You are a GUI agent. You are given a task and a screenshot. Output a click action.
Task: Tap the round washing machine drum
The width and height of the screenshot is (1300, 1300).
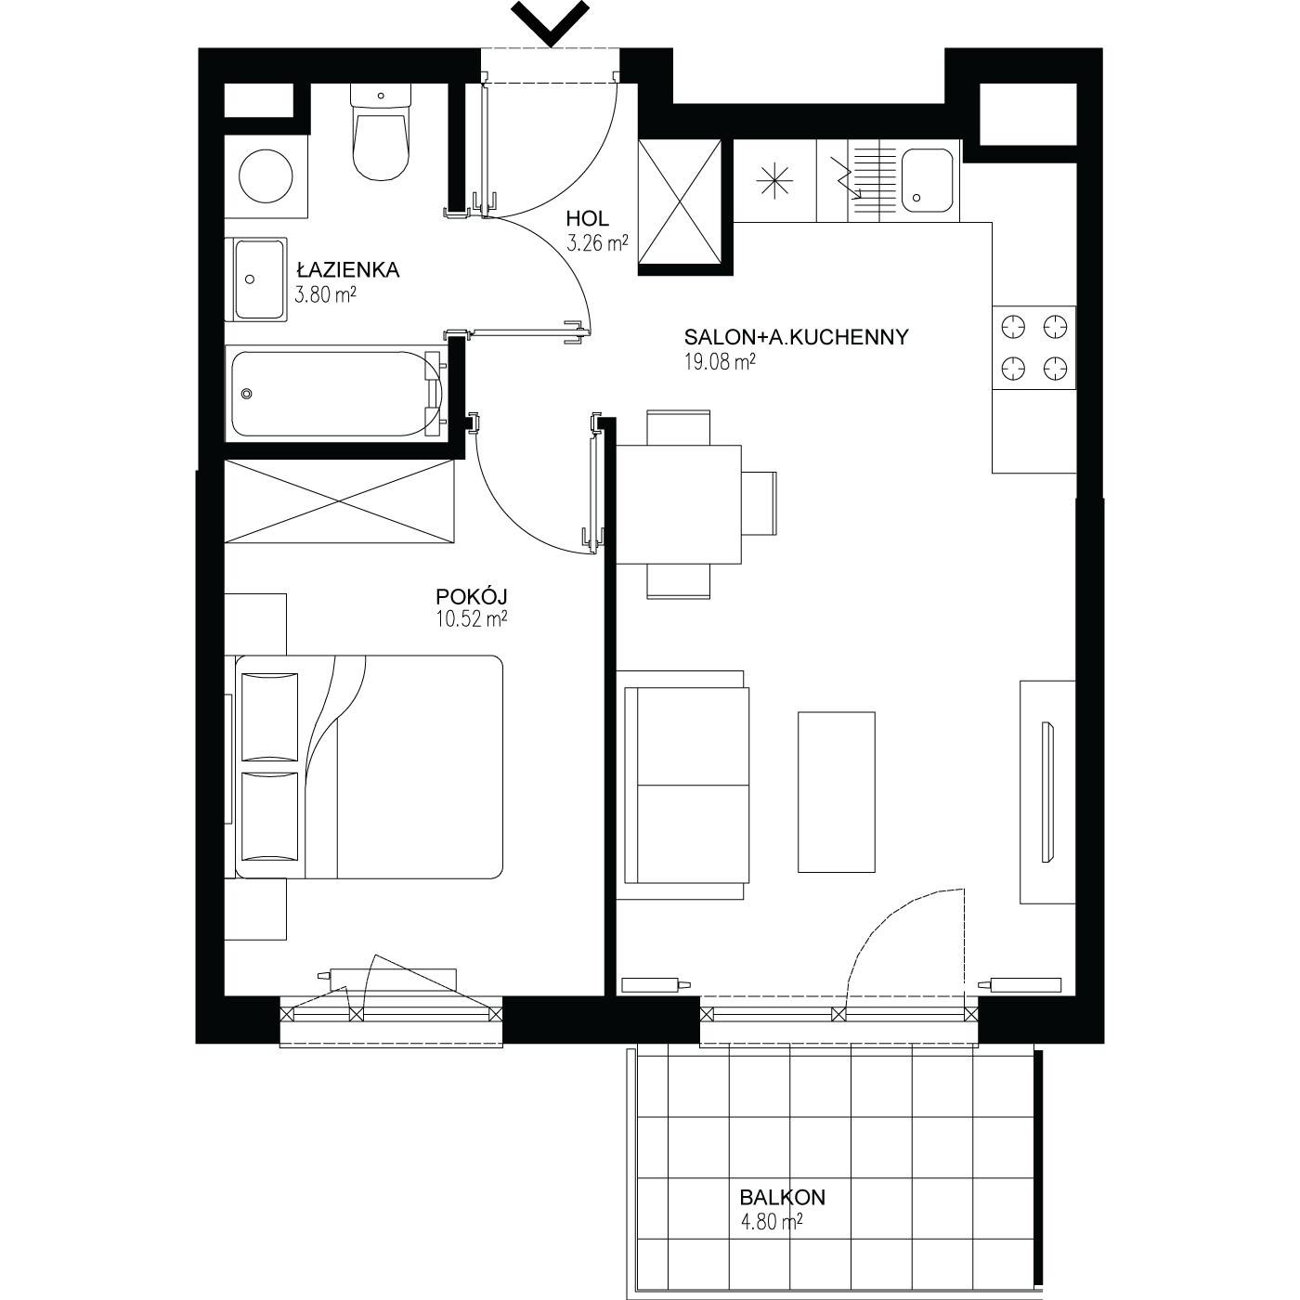[266, 176]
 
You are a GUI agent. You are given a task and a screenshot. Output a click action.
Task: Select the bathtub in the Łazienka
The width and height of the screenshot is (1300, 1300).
[335, 393]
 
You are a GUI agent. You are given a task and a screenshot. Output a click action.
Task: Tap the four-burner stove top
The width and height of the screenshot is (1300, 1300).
[1033, 348]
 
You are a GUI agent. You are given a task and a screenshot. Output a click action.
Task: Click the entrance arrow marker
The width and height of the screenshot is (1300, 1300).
[551, 24]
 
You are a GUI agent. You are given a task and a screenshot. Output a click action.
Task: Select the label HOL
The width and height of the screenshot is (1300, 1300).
[587, 218]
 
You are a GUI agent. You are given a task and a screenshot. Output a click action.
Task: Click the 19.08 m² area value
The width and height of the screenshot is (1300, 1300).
[719, 362]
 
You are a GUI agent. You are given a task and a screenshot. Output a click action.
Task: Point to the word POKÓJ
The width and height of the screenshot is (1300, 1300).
[471, 595]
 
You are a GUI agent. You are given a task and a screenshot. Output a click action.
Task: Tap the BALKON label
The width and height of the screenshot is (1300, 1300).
[782, 1197]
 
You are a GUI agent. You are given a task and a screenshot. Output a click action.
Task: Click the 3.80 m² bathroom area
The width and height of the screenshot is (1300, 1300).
[325, 294]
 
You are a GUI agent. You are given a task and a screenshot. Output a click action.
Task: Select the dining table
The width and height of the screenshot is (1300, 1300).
[679, 504]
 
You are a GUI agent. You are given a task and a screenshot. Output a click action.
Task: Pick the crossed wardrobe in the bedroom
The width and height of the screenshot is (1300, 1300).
[339, 501]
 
